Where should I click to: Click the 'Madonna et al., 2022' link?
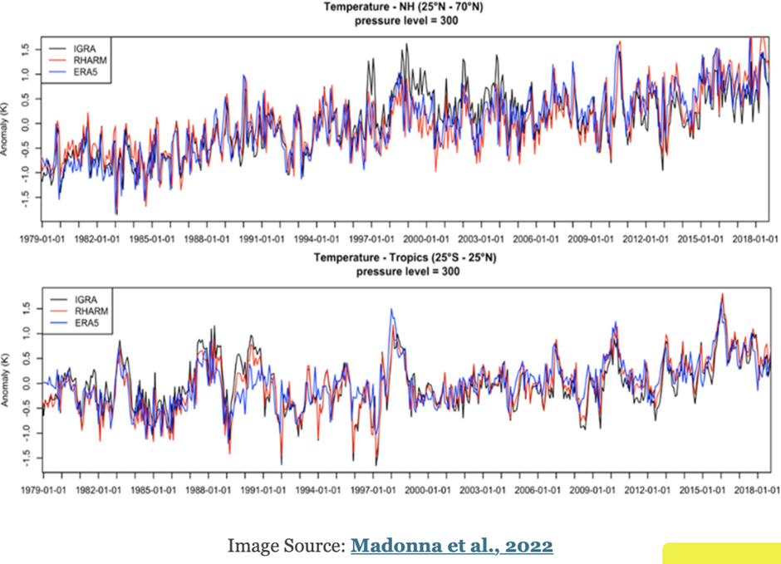point(452,546)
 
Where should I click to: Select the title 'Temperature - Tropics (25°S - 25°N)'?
point(406,258)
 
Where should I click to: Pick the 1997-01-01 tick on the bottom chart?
point(373,489)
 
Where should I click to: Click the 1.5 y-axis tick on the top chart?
point(26,50)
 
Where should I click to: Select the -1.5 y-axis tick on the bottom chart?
point(26,457)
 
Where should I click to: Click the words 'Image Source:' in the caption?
point(286,546)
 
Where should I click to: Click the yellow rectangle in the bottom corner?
point(721,553)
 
